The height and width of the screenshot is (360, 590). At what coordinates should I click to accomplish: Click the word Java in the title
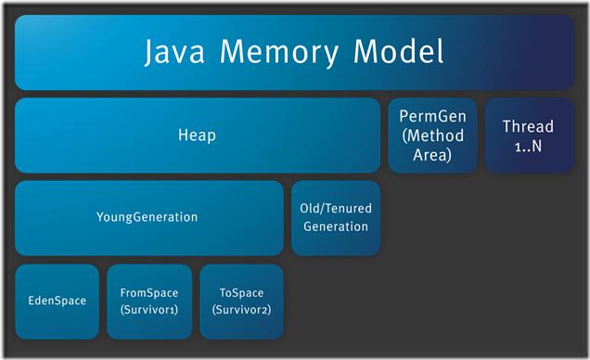pyautogui.click(x=174, y=52)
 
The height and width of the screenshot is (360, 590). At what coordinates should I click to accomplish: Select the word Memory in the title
pyautogui.click(x=279, y=53)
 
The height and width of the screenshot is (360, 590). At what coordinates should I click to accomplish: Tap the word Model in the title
pyautogui.click(x=399, y=51)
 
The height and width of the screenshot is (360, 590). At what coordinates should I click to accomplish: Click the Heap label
pyautogui.click(x=197, y=135)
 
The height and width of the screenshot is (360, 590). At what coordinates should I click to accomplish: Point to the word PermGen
pyautogui.click(x=432, y=116)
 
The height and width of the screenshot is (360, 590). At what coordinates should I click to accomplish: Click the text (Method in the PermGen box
pyautogui.click(x=432, y=135)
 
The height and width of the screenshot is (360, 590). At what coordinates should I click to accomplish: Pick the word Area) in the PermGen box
pyautogui.click(x=432, y=155)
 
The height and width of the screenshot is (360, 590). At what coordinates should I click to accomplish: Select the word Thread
pyautogui.click(x=528, y=126)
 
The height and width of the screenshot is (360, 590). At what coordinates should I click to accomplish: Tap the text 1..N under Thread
pyautogui.click(x=528, y=146)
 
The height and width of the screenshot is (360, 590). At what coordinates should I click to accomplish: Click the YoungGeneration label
pyautogui.click(x=147, y=217)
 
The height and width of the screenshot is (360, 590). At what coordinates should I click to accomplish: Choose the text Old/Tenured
pyautogui.click(x=336, y=208)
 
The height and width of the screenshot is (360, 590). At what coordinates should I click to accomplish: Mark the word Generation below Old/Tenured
pyautogui.click(x=336, y=226)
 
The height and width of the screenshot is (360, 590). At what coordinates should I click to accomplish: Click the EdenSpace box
pyautogui.click(x=58, y=302)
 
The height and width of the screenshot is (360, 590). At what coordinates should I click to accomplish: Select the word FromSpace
pyautogui.click(x=149, y=292)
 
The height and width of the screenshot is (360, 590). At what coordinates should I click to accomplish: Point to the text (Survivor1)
pyautogui.click(x=149, y=310)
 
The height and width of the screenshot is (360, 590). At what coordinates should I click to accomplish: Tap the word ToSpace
pyautogui.click(x=241, y=292)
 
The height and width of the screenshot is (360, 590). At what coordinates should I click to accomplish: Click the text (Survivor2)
pyautogui.click(x=241, y=310)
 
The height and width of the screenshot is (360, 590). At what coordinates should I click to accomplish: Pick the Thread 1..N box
pyautogui.click(x=530, y=135)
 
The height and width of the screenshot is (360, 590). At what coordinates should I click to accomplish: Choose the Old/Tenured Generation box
pyautogui.click(x=336, y=218)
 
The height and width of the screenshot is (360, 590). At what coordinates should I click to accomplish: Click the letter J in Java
pyautogui.click(x=149, y=54)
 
